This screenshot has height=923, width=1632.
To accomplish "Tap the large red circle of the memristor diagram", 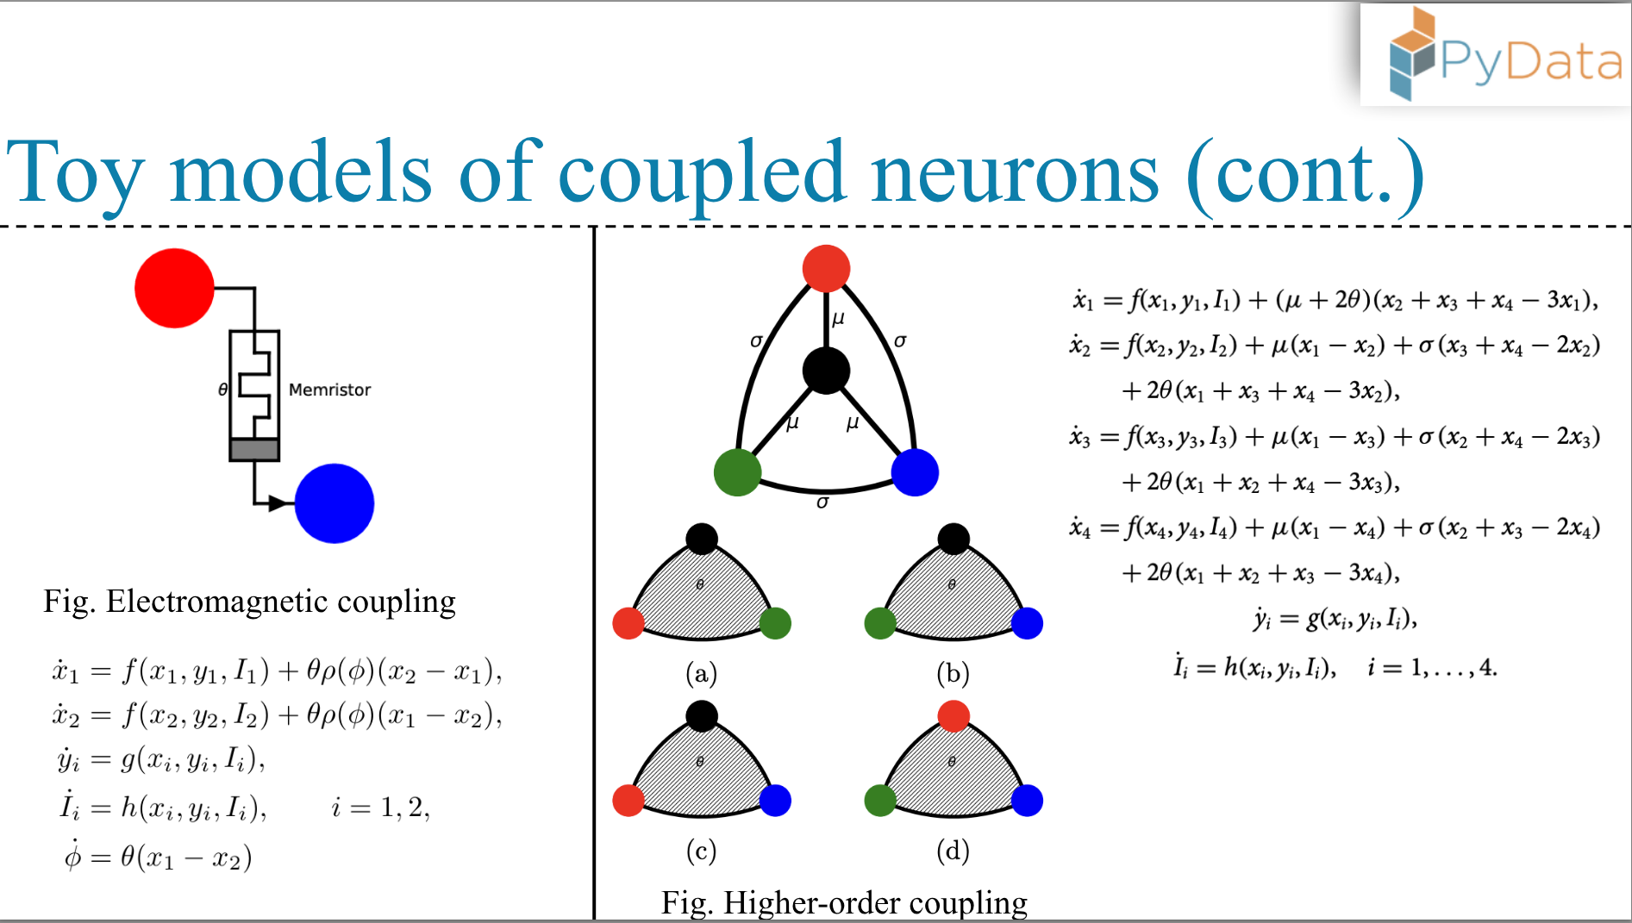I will pyautogui.click(x=174, y=288).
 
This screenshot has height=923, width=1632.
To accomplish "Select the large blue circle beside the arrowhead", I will pyautogui.click(x=335, y=503).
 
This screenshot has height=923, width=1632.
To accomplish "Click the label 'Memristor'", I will pyautogui.click(x=329, y=390).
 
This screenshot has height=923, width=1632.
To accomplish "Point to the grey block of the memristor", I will pyautogui.click(x=254, y=450).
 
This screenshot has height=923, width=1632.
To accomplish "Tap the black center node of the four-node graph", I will pyautogui.click(x=826, y=371).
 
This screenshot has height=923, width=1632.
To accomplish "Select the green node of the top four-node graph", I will pyautogui.click(x=737, y=472).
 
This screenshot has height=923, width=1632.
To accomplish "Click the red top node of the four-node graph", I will pyautogui.click(x=826, y=268).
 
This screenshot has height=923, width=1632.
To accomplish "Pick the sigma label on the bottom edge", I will pyautogui.click(x=822, y=502).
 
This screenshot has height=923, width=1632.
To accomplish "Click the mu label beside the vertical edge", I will pyautogui.click(x=838, y=319).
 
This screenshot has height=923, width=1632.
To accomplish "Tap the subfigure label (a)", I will pyautogui.click(x=701, y=673).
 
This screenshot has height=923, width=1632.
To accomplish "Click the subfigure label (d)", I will pyautogui.click(x=953, y=851).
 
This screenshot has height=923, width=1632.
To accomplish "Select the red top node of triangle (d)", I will pyautogui.click(x=953, y=715).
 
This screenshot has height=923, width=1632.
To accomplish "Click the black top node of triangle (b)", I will pyautogui.click(x=953, y=539).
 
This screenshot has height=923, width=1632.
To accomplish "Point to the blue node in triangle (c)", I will pyautogui.click(x=775, y=801).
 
